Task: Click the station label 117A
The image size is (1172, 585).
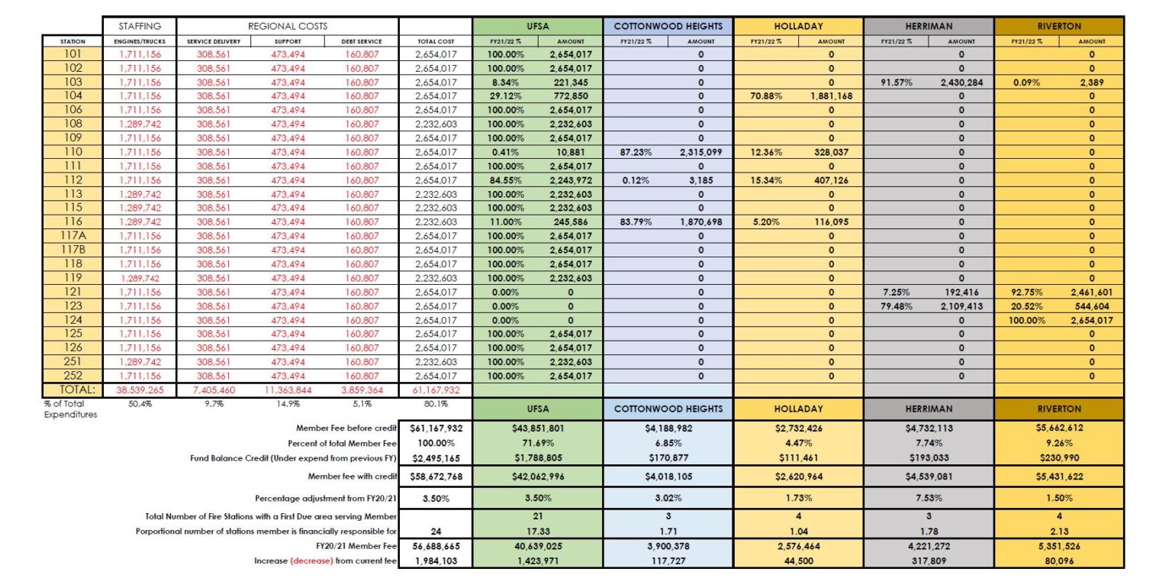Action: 72,236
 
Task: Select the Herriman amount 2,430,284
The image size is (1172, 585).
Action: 960,82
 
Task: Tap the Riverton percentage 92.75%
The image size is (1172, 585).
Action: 1022,292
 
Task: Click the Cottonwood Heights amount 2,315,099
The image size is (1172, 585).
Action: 700,152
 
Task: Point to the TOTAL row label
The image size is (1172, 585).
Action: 72,389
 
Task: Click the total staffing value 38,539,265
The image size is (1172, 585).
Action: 140,389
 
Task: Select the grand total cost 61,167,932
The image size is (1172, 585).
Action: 436,389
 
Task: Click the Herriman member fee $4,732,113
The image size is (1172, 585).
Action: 929,428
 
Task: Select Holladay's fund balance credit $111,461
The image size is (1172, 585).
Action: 798,458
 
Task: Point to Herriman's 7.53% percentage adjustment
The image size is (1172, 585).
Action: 929,497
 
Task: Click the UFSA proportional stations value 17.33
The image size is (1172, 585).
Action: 537,531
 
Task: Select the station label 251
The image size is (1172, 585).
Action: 72,361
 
